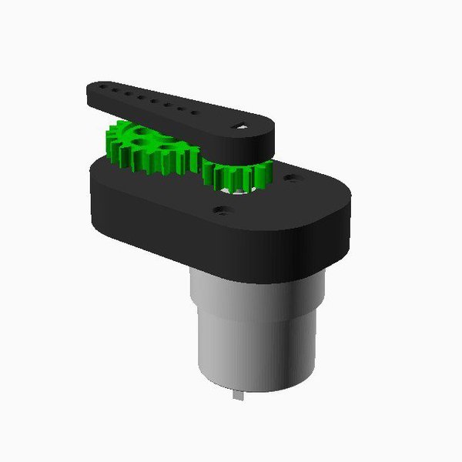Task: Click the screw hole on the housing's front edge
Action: (x=223, y=209)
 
